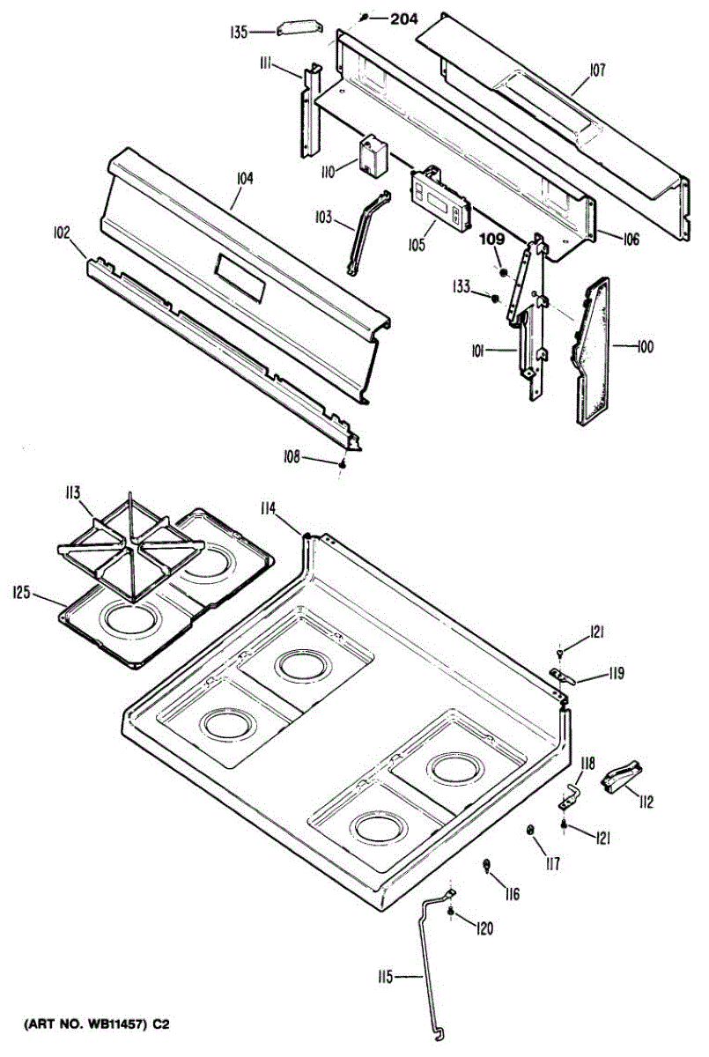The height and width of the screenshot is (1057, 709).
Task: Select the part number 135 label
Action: [x=238, y=32]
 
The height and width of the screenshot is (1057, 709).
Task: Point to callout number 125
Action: [x=23, y=593]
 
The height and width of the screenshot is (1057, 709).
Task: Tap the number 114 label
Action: [x=268, y=507]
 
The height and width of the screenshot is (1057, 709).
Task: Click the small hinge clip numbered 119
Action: [x=563, y=676]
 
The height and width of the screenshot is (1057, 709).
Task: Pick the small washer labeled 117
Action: [x=531, y=832]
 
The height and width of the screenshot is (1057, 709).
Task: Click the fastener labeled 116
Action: [x=486, y=867]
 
